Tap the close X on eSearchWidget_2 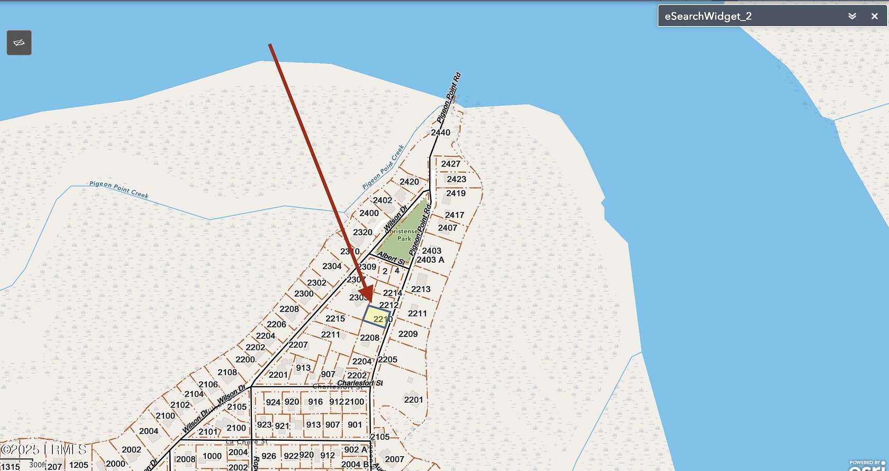[874, 16]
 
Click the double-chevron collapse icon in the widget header [852, 16]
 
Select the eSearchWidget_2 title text [707, 16]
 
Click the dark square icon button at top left [19, 42]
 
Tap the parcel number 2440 [440, 132]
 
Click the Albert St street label [392, 258]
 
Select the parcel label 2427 [451, 164]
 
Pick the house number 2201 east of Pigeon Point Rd [413, 399]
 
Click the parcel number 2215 [335, 318]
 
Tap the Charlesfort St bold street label [359, 383]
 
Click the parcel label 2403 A [430, 260]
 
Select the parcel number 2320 [362, 232]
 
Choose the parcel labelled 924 [273, 402]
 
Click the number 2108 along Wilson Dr [227, 372]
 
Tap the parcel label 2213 [421, 289]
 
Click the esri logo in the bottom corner [868, 465]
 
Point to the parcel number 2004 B [355, 465]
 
